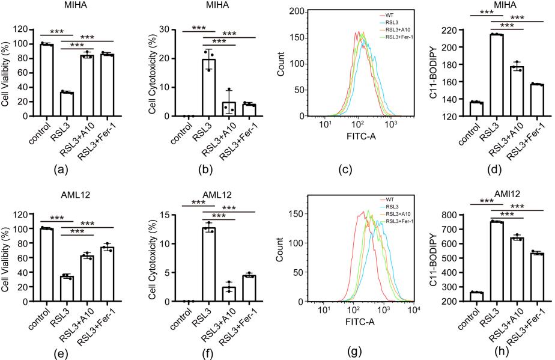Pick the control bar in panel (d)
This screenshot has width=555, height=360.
click(476, 109)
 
